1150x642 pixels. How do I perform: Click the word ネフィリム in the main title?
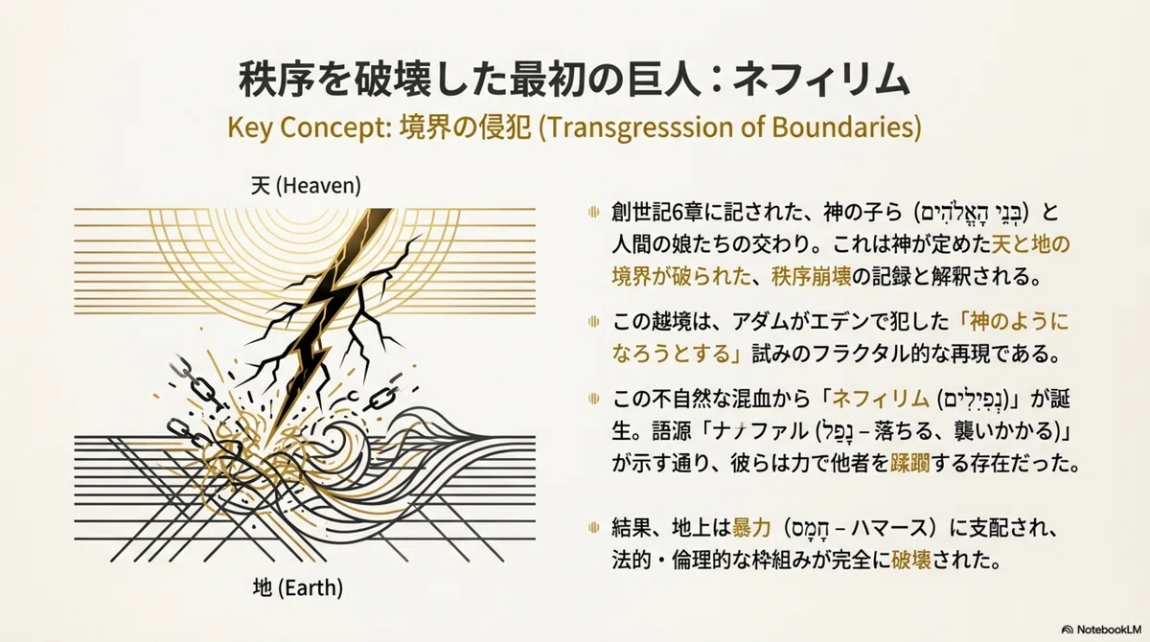(x=820, y=80)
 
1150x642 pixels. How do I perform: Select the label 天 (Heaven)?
(x=306, y=186)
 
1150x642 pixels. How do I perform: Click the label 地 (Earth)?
(x=298, y=587)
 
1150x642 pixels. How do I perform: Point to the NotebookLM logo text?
(x=1104, y=630)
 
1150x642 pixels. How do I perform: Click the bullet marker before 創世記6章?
(x=594, y=212)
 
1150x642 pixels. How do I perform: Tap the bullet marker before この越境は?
(x=594, y=322)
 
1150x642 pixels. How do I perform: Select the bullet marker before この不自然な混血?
(x=594, y=399)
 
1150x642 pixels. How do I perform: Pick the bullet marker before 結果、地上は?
(x=594, y=527)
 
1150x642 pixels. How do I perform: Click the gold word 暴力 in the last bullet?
(x=751, y=528)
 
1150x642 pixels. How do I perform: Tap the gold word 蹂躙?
(x=909, y=464)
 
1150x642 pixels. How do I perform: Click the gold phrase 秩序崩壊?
(x=811, y=277)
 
